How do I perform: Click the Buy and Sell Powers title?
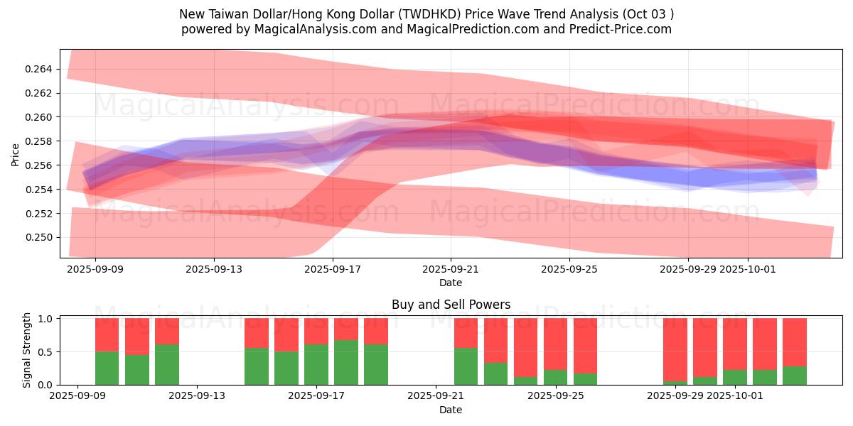pos(451,305)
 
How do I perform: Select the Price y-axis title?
pos(16,154)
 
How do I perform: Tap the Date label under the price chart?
pos(451,283)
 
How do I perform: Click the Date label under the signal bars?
pos(451,410)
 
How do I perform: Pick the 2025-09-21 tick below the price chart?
pos(451,270)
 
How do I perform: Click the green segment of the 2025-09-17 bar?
pos(346,362)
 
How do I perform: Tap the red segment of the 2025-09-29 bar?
pos(675,348)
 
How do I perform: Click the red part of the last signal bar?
pos(795,342)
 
